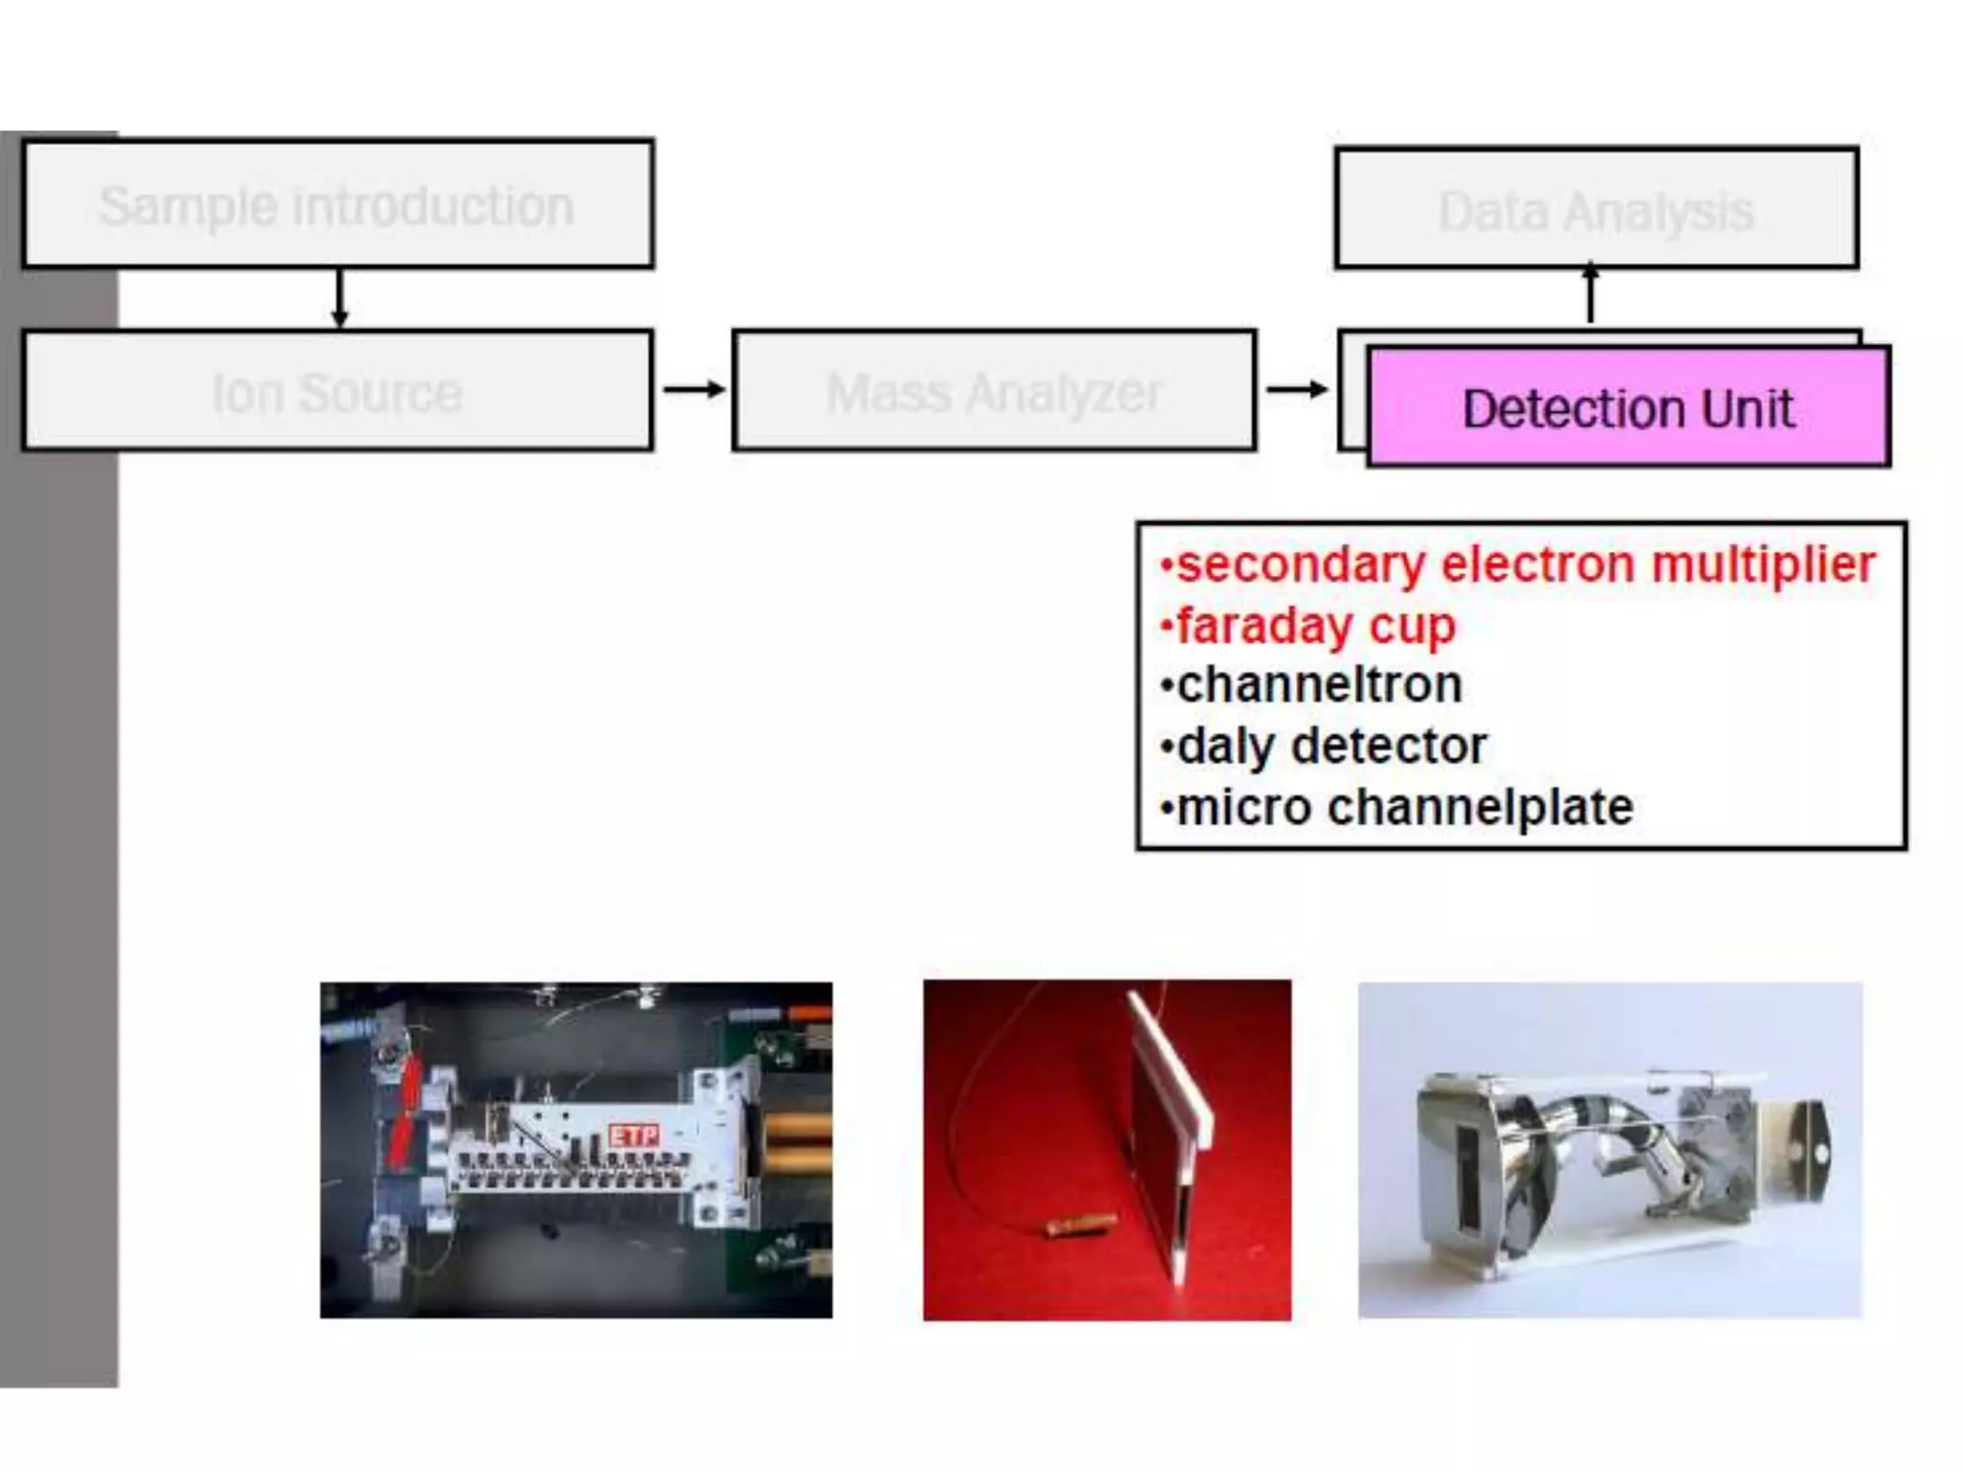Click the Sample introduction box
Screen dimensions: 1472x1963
(x=337, y=204)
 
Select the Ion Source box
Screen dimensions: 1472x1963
(x=337, y=391)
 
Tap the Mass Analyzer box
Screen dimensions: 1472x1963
(x=994, y=391)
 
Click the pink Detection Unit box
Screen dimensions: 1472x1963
(x=1628, y=408)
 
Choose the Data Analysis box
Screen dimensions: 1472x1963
(x=1596, y=209)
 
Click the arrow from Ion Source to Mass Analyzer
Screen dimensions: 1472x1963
(x=694, y=389)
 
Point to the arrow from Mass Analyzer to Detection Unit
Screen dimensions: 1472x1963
(x=1297, y=389)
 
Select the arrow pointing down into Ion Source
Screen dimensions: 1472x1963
(x=339, y=299)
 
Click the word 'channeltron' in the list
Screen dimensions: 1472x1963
(x=1319, y=685)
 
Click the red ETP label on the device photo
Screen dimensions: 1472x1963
(x=635, y=1137)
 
